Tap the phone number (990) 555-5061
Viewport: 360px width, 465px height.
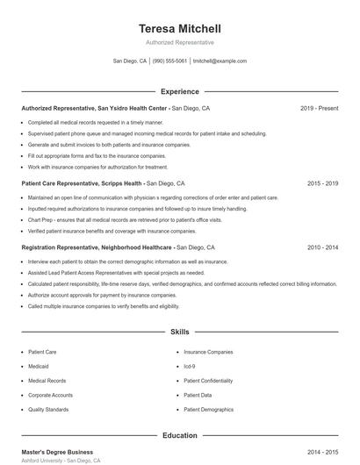170,61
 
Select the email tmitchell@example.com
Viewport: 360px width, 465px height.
220,61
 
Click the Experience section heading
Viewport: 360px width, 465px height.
180,91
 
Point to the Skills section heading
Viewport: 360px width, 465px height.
180,333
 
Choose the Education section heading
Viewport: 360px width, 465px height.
180,435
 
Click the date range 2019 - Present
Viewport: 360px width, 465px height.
319,108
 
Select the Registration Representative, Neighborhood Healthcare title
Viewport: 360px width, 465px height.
97,248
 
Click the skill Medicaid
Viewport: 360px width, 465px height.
39,366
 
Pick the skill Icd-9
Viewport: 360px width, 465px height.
190,366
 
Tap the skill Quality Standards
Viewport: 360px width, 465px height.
48,409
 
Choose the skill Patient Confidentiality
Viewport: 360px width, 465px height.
208,381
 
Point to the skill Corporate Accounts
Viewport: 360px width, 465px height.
50,395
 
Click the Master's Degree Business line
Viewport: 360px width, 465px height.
56,451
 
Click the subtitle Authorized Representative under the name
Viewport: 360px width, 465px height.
180,42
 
